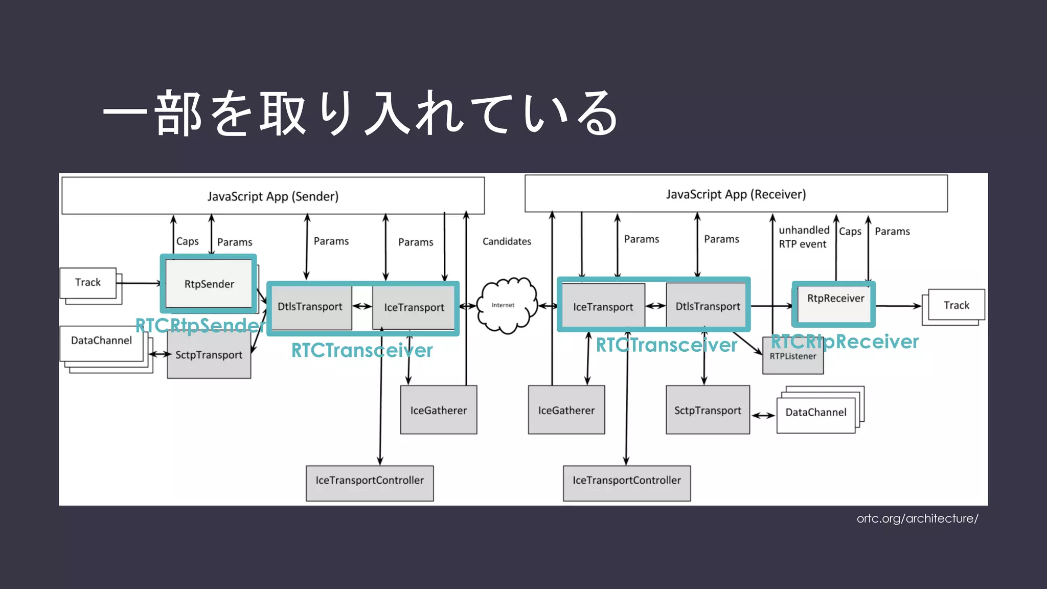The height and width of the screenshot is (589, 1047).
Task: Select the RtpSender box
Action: (x=209, y=284)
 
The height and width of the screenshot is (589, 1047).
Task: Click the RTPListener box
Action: (x=793, y=360)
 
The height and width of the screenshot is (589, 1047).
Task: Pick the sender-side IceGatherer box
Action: (x=438, y=410)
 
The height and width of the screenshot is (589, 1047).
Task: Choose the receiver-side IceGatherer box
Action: (x=566, y=410)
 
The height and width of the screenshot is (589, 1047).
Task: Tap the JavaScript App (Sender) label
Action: (x=272, y=196)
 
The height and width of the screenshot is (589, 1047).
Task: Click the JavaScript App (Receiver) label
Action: (x=735, y=194)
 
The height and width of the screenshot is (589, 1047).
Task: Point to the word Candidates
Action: (x=506, y=241)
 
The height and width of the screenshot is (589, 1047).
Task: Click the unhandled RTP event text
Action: (x=803, y=237)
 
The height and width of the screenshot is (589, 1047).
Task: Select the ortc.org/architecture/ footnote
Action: (x=917, y=518)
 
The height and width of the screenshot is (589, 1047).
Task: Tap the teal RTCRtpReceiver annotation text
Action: (x=845, y=342)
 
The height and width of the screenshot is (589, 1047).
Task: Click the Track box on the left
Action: (x=88, y=283)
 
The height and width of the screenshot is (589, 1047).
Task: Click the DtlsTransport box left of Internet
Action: (x=310, y=307)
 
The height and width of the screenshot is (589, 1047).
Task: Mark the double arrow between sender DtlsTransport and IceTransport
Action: (x=362, y=306)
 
